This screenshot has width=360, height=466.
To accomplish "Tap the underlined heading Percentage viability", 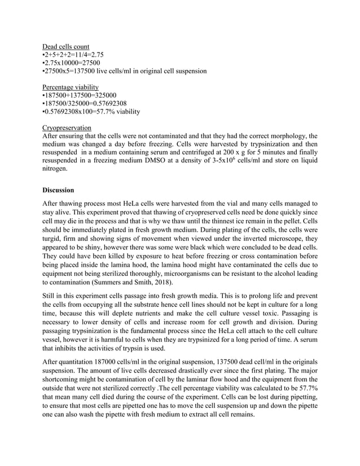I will point(71,87).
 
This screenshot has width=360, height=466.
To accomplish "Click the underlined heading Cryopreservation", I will point(67,128).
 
